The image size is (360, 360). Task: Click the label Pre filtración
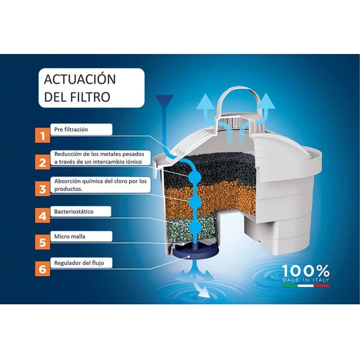[71, 129]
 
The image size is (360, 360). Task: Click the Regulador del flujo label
[79, 263]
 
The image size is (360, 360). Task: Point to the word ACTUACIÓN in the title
[79, 79]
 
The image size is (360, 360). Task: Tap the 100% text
[305, 271]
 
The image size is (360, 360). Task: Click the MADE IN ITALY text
[306, 280]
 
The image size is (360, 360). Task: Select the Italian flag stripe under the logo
[306, 286]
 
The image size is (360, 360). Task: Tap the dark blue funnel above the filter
[164, 101]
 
